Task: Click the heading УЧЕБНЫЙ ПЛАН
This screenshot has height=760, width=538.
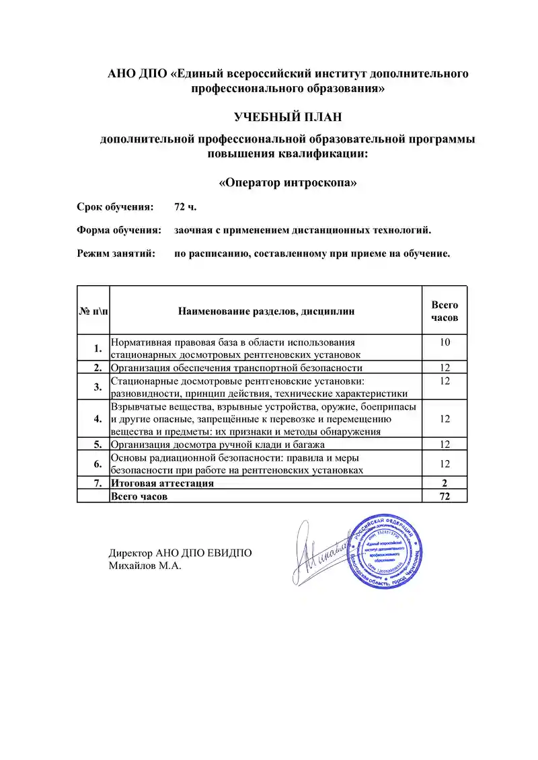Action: (x=288, y=117)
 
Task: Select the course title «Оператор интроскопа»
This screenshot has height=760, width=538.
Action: (x=288, y=182)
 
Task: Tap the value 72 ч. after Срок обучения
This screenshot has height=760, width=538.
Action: (x=185, y=206)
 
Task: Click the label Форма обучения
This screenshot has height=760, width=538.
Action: (x=118, y=230)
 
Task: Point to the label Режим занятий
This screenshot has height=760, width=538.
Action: (x=116, y=254)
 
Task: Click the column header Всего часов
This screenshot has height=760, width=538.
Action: (x=444, y=311)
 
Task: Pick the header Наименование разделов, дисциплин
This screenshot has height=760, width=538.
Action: (x=266, y=311)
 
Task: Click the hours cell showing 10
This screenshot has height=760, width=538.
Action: (x=444, y=343)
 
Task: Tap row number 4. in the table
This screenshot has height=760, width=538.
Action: (x=98, y=418)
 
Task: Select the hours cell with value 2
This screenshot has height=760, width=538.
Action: (x=444, y=483)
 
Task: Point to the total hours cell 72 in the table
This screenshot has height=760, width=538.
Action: (x=444, y=496)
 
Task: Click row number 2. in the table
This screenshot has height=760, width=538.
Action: (x=98, y=367)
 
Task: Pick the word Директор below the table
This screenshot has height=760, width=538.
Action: (x=130, y=554)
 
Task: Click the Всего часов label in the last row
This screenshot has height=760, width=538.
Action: (x=139, y=496)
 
